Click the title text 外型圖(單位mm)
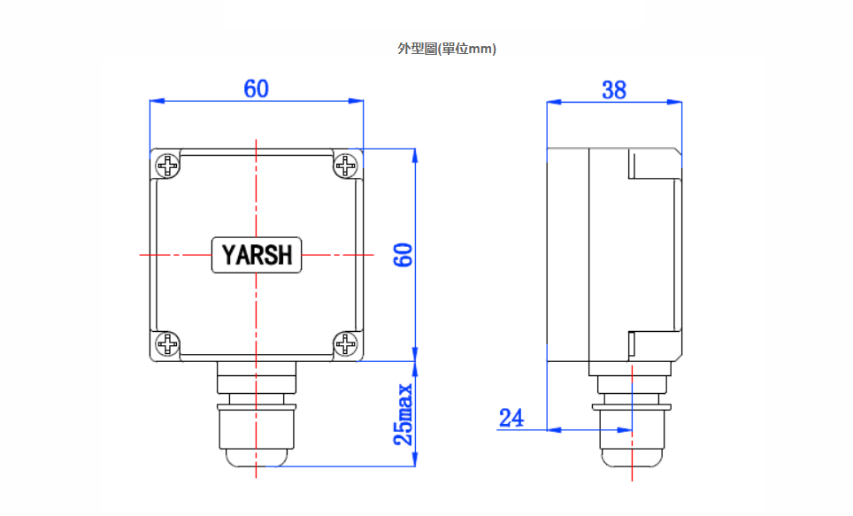[x=447, y=49]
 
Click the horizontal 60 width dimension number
[x=256, y=89]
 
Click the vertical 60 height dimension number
[x=403, y=255]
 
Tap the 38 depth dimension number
[x=613, y=89]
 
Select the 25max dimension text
[x=403, y=414]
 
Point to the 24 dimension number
[x=511, y=418]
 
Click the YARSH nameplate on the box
[x=257, y=255]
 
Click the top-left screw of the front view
[x=167, y=166]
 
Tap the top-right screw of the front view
[x=346, y=166]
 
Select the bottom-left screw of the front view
[x=167, y=344]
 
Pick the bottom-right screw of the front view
[x=346, y=344]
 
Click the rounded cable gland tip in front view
[x=256, y=457]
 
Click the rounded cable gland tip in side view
[x=633, y=457]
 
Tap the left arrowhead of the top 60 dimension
[x=155, y=102]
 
